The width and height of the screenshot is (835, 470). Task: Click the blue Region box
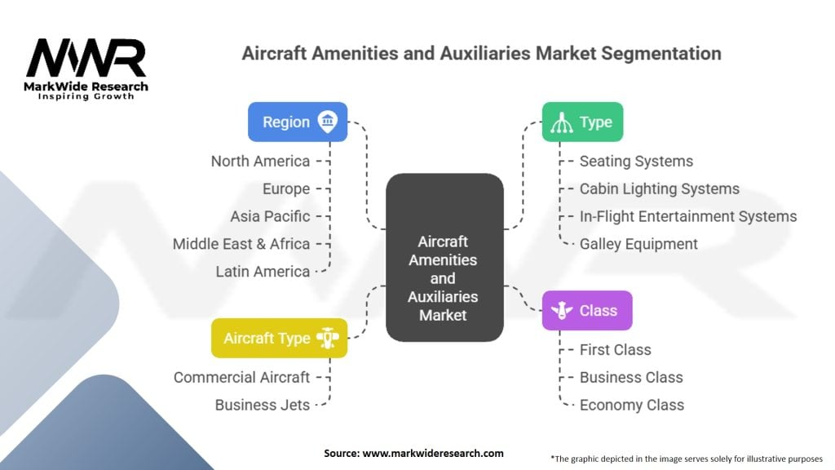(x=298, y=122)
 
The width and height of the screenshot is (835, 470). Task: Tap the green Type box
(x=582, y=122)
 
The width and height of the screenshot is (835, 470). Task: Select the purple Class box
(x=587, y=311)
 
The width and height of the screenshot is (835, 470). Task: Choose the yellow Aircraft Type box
(x=280, y=339)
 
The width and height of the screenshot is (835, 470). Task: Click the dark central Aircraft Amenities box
(x=444, y=257)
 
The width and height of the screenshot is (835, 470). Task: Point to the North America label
(x=260, y=161)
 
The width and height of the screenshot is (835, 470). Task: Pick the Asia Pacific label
(x=270, y=216)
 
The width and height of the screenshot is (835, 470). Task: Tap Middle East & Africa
(x=241, y=244)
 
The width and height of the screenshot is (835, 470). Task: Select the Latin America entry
(x=263, y=272)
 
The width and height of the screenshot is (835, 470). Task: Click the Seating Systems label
(x=636, y=161)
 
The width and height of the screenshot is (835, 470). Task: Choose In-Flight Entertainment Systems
(x=688, y=216)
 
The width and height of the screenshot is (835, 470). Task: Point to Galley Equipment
(x=638, y=244)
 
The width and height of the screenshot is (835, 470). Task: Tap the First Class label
(x=615, y=349)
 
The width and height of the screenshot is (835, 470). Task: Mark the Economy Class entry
(x=632, y=405)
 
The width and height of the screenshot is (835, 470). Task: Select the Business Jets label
(x=263, y=405)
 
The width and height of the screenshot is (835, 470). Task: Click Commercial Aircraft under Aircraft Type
(x=241, y=377)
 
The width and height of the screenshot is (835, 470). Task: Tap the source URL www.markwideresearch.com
(x=433, y=453)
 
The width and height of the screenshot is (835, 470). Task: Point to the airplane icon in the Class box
(x=562, y=310)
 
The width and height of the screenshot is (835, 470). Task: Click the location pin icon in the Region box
(x=328, y=122)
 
